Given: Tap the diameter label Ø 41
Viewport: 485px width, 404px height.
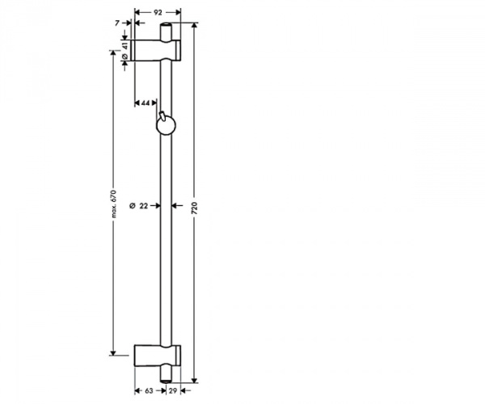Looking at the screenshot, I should click(125, 53).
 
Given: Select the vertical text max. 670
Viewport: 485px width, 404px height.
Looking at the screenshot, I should click(114, 204).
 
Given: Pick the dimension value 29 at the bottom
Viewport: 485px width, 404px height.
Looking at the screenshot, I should click(173, 391).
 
